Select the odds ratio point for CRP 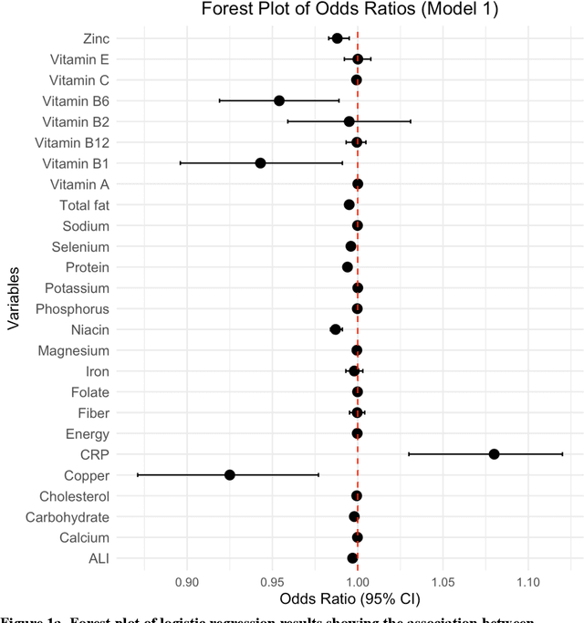point(494,454)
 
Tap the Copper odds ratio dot point(230,475)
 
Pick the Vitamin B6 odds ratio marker point(279,101)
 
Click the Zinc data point point(337,38)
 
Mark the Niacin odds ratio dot point(335,329)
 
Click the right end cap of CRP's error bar point(562,454)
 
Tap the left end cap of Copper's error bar point(138,475)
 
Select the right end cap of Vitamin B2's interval point(411,121)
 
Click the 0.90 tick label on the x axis point(187,582)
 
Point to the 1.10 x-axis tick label point(528,582)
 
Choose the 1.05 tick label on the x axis point(443,582)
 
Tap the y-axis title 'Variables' point(14,299)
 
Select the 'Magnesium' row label point(73,351)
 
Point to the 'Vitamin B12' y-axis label point(71,142)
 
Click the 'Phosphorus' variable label point(72,309)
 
